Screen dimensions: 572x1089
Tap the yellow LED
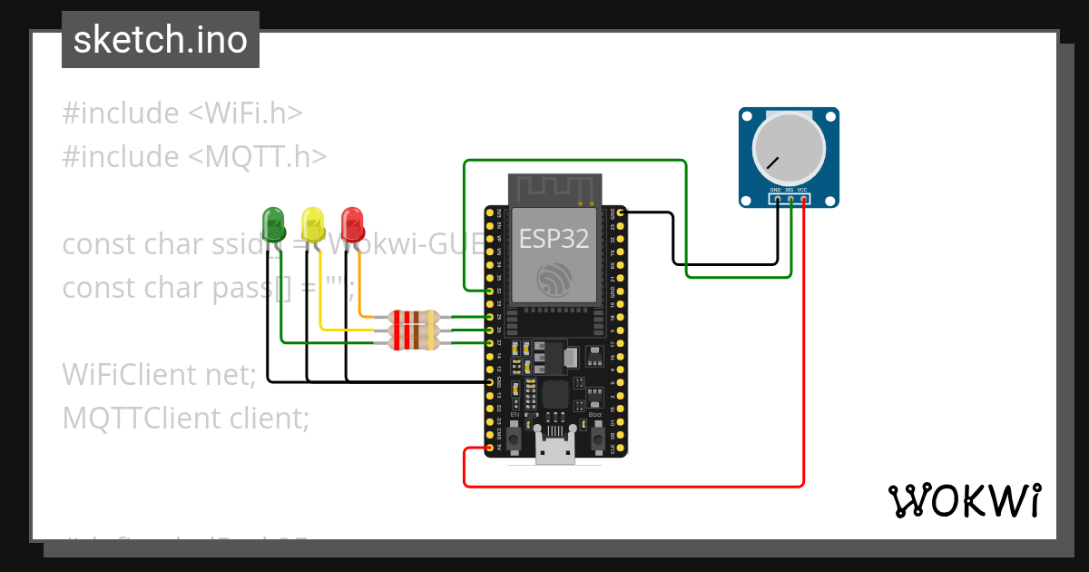point(313,222)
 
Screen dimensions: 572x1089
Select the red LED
point(352,222)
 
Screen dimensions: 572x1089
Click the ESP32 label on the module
point(554,238)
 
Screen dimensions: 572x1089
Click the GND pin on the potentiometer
point(777,198)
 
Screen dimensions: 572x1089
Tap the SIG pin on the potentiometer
point(790,198)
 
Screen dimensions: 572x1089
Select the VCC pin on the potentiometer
point(804,198)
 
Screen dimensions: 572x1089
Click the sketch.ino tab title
point(161,40)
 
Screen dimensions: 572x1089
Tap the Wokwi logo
point(964,500)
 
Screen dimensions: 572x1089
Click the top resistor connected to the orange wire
point(414,317)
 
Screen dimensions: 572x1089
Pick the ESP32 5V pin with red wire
point(490,448)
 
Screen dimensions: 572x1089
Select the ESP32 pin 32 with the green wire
point(490,291)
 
